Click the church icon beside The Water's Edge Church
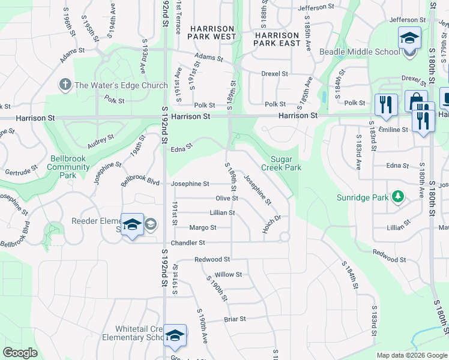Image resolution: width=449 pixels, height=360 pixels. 65,85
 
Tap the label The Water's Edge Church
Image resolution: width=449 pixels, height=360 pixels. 121,85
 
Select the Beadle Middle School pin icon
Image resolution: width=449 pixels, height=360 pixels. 410,39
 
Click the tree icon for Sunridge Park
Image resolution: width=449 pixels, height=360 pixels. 397,197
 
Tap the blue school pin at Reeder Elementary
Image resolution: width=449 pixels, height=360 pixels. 133,225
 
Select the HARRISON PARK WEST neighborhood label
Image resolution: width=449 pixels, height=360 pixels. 212,32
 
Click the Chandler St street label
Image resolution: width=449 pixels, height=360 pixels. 188,242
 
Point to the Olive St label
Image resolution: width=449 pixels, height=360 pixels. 227,198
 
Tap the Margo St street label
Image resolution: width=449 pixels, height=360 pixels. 202,227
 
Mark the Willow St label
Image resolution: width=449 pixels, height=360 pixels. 228,274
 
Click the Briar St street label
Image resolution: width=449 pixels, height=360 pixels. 235,319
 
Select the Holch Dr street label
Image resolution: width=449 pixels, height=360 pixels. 271,224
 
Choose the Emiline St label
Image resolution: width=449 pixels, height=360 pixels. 393,129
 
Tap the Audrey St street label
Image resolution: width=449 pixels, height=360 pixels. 100,142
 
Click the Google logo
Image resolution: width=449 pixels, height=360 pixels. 21,352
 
